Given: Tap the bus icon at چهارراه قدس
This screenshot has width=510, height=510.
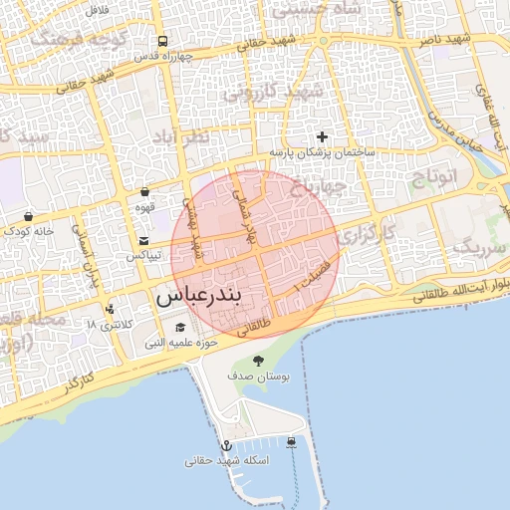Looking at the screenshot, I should [x=162, y=42].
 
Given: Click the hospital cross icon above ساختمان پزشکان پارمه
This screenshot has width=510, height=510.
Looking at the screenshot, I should [x=321, y=135].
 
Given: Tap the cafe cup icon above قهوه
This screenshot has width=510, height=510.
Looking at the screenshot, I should [x=144, y=191].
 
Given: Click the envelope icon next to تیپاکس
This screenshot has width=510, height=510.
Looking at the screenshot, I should [x=144, y=241].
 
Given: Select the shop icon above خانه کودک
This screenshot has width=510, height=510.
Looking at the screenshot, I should [x=28, y=215].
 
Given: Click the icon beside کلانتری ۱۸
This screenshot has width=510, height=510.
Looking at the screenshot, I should [x=109, y=309].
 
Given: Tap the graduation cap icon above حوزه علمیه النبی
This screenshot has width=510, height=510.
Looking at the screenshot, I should [x=180, y=327].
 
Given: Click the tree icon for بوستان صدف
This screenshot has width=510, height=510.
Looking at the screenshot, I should [x=259, y=361].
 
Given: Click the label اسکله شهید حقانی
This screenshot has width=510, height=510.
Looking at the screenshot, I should [x=225, y=460].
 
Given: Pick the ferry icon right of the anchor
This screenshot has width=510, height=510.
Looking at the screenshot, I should [x=291, y=442].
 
